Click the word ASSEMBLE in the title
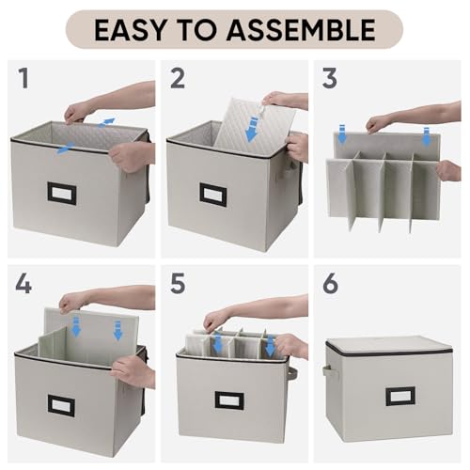coord(301,30)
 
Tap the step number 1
coord(24,78)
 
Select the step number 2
coord(178,78)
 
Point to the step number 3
coord(329,78)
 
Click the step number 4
coord(23,284)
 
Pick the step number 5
coord(178,284)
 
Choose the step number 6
coord(330,284)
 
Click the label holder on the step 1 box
coord(62,192)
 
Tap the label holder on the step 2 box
coord(213,195)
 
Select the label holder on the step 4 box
coord(61,405)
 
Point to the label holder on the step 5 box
coord(229,400)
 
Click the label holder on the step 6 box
coord(400,397)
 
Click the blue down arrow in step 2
coord(252,129)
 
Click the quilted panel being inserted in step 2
coord(254,124)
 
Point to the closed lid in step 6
coord(389,345)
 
